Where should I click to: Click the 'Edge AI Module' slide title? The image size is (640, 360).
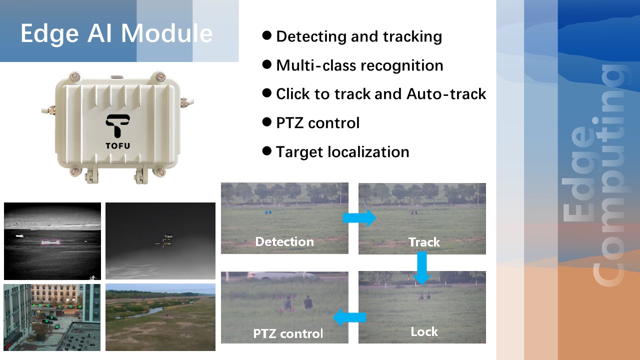point(116,33)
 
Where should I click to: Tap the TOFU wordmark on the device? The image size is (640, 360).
point(117,146)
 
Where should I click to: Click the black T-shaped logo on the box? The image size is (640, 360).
point(117,125)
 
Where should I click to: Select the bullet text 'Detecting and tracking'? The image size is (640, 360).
point(359,37)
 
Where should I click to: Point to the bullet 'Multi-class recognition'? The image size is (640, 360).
point(359,65)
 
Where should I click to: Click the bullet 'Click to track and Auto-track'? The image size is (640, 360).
point(381,94)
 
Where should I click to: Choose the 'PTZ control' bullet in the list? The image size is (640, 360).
point(317,123)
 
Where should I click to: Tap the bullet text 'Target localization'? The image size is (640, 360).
point(342,151)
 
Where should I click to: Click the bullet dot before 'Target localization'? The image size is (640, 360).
point(266,150)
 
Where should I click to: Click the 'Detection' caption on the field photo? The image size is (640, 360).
point(284,241)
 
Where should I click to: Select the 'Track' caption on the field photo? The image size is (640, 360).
point(424,242)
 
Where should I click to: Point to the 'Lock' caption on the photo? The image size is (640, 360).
point(424,331)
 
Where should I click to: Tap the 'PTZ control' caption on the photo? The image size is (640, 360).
point(288,333)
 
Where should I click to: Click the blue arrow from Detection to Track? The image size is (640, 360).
point(359,217)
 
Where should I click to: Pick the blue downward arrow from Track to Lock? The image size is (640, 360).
point(422,267)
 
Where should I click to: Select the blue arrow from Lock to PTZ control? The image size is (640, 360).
point(349,317)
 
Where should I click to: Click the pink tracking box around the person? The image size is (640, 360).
point(287,303)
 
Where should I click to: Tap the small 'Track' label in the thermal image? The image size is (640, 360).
point(168,236)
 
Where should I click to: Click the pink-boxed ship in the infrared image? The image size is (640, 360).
point(50,242)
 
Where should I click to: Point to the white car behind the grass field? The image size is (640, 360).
point(281,275)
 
